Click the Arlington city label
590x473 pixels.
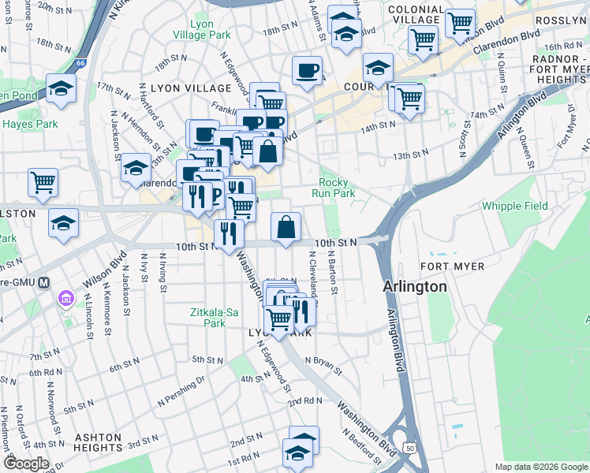click(414, 286)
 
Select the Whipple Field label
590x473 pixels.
click(513, 206)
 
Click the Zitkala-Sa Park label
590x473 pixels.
click(214, 318)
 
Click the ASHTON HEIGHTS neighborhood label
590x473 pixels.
click(98, 442)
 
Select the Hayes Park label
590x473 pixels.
click(30, 124)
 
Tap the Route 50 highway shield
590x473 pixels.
click(409, 448)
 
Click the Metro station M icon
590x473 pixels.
click(45, 282)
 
